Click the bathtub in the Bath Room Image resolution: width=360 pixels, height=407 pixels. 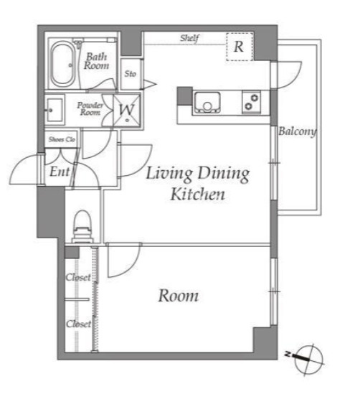pos(62,64)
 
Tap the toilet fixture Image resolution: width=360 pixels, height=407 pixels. pos(82,226)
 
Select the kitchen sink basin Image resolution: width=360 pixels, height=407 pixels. pos(207,102)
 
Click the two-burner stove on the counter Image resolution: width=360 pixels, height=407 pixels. pos(251,102)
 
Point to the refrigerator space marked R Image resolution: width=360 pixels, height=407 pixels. pos(240,47)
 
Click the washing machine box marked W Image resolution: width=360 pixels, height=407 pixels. pos(127,111)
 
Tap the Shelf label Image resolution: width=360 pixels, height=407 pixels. pos(189,38)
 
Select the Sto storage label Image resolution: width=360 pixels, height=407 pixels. pos(131,74)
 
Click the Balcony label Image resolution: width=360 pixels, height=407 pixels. pos(297,131)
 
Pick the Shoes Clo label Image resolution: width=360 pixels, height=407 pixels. pos(62,139)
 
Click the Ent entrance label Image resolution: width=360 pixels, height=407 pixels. pos(60,172)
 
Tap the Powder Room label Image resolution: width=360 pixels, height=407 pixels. pos(90,109)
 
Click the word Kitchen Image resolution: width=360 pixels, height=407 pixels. pos(198,194)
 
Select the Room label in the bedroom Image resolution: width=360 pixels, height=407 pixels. pos(179,296)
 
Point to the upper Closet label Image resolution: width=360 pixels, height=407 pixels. pos(78,277)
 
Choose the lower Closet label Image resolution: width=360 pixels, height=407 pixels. pos(79,324)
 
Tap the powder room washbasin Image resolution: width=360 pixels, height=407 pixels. pos(55,110)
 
